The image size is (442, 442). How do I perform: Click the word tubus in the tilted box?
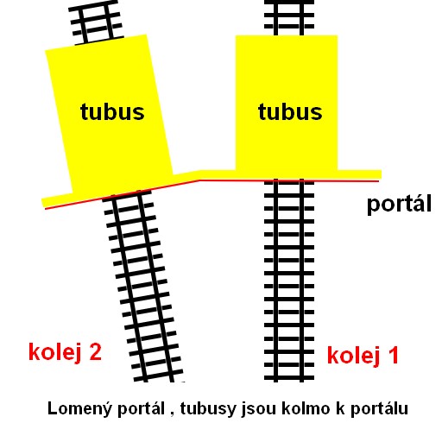[112, 111]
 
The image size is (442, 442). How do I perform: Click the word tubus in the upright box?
[290, 111]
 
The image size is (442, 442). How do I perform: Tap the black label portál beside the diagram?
[399, 204]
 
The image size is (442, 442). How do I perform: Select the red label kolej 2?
[65, 351]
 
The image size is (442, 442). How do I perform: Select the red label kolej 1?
[363, 355]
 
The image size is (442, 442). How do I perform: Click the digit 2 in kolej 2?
[96, 351]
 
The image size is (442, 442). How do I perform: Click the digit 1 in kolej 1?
[394, 355]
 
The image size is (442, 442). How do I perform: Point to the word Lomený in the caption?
[79, 408]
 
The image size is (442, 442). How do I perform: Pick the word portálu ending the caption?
[379, 409]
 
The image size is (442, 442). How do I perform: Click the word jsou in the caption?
[259, 409]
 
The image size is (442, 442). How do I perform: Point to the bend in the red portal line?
[199, 180]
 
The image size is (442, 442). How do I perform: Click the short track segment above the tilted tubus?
[98, 22]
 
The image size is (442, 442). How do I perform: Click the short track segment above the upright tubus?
[289, 18]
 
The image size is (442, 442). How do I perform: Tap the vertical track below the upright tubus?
[289, 281]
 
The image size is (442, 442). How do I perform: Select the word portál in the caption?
[141, 409]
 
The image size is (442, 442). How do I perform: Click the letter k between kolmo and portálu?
[341, 408]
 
